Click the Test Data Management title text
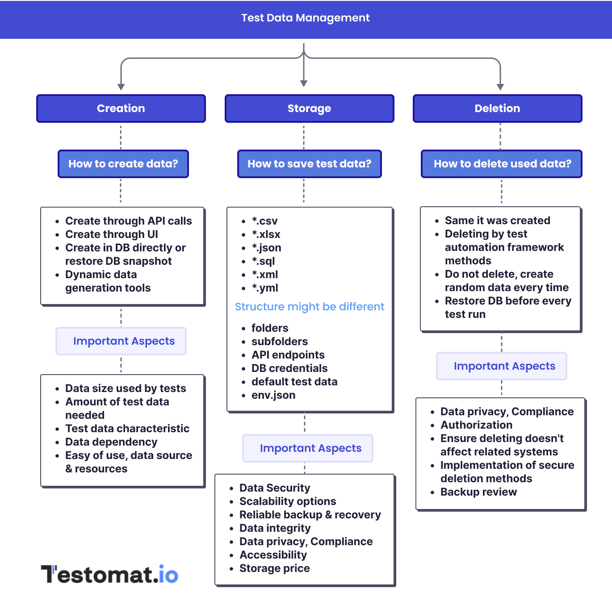click(x=306, y=18)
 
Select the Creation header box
click(x=121, y=108)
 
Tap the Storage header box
click(x=309, y=108)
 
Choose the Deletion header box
click(x=497, y=108)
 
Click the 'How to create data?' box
click(x=123, y=164)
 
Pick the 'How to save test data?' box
click(x=309, y=164)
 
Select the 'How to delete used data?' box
click(x=502, y=164)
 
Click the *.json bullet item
click(x=266, y=248)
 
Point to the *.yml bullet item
click(x=265, y=288)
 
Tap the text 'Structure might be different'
click(x=310, y=307)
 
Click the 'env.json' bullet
click(x=273, y=395)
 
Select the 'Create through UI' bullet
click(x=112, y=234)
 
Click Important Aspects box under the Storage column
click(x=308, y=448)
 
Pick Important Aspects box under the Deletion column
click(x=502, y=366)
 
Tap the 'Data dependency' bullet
click(x=111, y=442)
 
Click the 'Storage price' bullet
click(x=275, y=568)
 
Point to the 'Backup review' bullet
click(x=478, y=492)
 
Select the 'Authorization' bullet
click(x=476, y=425)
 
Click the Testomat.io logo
click(x=110, y=574)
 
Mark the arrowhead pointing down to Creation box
click(x=121, y=87)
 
